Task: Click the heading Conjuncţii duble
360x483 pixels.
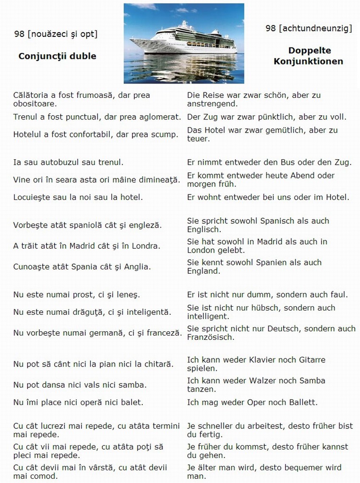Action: (x=57, y=56)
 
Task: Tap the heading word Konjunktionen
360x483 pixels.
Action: (x=308, y=61)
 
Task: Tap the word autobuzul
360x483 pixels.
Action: (x=59, y=162)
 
